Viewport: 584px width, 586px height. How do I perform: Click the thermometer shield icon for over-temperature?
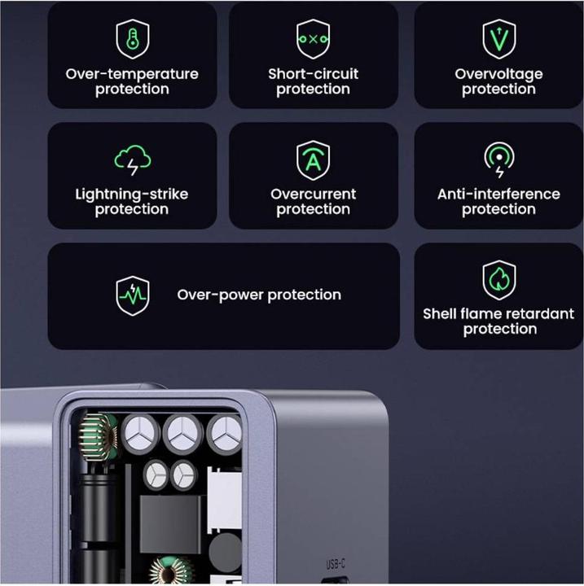click(x=132, y=39)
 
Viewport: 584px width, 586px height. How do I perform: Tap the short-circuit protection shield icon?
click(x=313, y=39)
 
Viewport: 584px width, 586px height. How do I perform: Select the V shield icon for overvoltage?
click(x=498, y=39)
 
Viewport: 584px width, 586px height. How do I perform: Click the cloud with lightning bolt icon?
click(x=132, y=160)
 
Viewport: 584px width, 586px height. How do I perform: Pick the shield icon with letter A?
click(x=313, y=160)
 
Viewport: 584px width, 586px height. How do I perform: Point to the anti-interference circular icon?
click(x=498, y=160)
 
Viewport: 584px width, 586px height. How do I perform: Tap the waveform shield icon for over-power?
click(x=132, y=295)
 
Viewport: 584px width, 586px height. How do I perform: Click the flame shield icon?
click(x=498, y=280)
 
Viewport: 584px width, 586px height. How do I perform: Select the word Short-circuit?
click(x=313, y=74)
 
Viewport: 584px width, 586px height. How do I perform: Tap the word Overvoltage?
click(x=498, y=74)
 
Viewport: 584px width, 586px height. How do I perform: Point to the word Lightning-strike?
click(x=132, y=195)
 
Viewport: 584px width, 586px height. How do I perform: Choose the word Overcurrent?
click(x=313, y=195)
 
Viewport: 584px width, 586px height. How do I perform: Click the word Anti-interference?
click(x=498, y=195)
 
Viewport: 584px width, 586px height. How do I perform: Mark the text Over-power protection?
click(x=259, y=295)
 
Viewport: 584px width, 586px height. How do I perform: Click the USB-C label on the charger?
click(x=336, y=564)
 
